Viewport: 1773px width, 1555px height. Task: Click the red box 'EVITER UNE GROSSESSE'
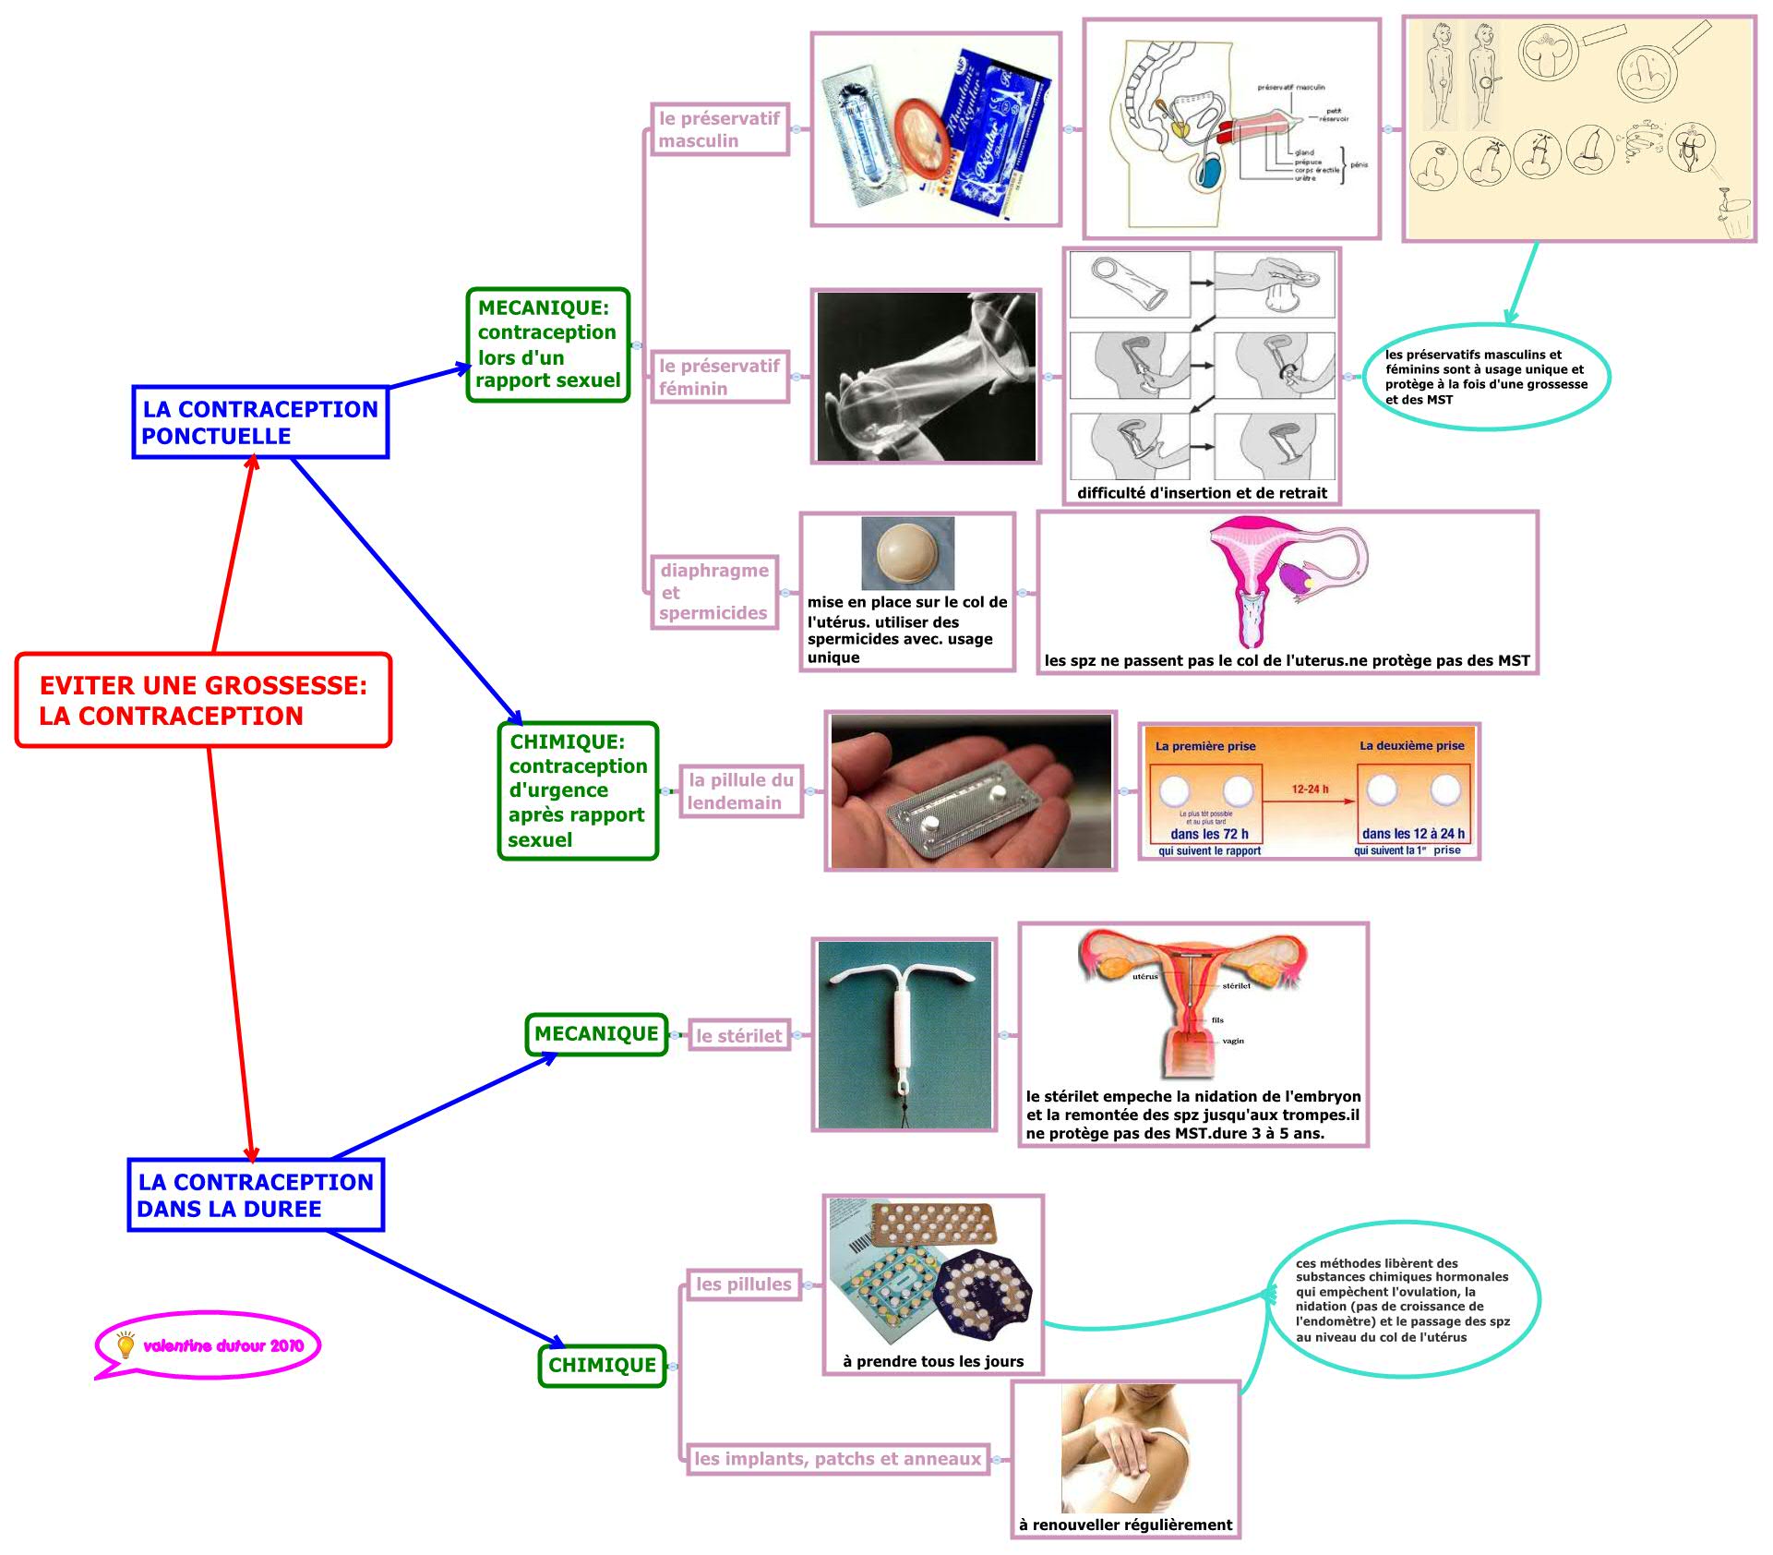(203, 700)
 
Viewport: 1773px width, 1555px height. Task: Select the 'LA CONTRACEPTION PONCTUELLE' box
(260, 422)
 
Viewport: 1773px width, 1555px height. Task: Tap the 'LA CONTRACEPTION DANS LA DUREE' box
(256, 1195)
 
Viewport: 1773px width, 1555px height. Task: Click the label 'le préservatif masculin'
(719, 129)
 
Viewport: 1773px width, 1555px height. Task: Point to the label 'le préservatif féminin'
(719, 377)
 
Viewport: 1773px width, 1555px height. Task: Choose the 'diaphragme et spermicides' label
(713, 592)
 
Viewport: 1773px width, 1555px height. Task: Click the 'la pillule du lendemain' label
(740, 791)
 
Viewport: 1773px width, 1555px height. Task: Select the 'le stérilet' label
(738, 1036)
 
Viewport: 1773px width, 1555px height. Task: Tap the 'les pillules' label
(744, 1284)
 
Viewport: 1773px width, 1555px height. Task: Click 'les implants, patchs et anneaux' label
(837, 1459)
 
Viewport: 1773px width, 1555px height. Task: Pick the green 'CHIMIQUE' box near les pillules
(602, 1366)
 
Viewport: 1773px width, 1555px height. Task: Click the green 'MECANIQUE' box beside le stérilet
(596, 1034)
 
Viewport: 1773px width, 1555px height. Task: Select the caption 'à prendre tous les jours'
(933, 1361)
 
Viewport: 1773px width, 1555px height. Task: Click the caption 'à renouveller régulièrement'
(1125, 1525)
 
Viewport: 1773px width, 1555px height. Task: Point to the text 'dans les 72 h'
(1209, 834)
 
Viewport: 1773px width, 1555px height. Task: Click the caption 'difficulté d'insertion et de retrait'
(1202, 493)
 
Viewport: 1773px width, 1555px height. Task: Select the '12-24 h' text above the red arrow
(1310, 790)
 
